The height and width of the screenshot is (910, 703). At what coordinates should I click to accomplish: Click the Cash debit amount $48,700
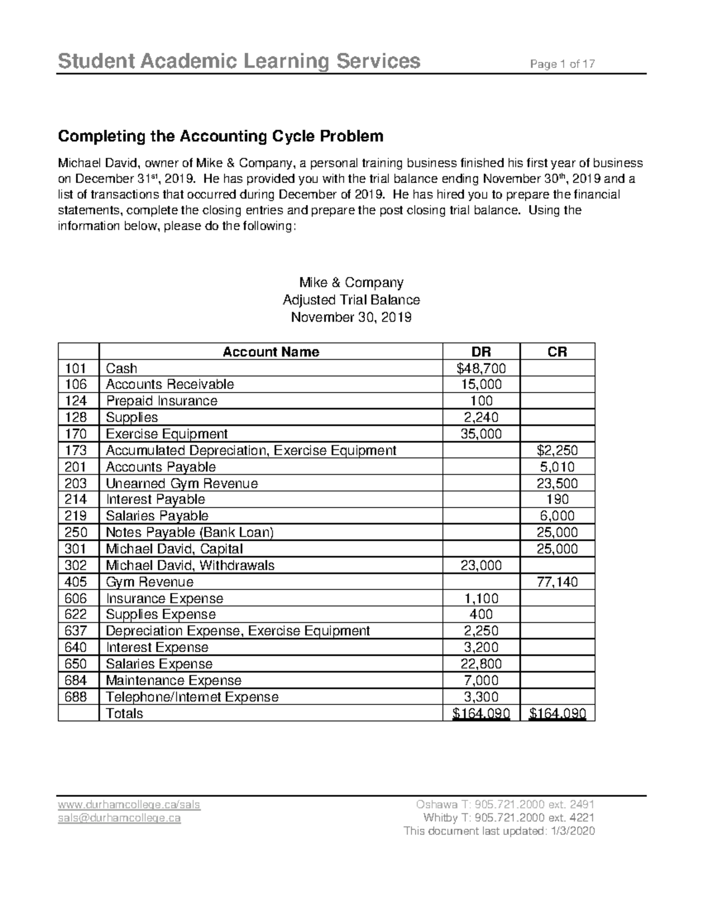(x=480, y=369)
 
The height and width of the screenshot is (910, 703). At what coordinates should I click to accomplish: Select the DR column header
(x=481, y=352)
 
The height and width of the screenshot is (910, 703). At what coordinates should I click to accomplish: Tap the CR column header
(x=557, y=352)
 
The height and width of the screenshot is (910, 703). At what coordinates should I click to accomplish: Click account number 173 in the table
(x=77, y=451)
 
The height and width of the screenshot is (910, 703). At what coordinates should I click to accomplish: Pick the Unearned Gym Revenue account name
(x=182, y=483)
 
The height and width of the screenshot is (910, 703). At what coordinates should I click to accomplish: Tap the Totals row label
(x=124, y=714)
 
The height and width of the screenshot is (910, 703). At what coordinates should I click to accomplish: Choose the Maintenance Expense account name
(x=173, y=680)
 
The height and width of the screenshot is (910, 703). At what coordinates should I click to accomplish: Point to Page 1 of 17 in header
(x=562, y=64)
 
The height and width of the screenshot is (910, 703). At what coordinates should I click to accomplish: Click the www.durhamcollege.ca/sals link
(x=129, y=805)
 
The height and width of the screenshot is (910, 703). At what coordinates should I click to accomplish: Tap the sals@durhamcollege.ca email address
(x=119, y=818)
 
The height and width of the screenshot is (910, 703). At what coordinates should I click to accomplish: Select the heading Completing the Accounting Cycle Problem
(x=220, y=137)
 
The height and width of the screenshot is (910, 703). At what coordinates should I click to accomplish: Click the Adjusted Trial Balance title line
(x=351, y=300)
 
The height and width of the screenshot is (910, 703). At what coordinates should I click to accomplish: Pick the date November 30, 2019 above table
(x=351, y=318)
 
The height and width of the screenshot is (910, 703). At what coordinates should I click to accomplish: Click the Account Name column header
(x=271, y=352)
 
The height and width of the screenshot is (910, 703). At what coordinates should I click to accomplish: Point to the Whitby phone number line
(x=508, y=818)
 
